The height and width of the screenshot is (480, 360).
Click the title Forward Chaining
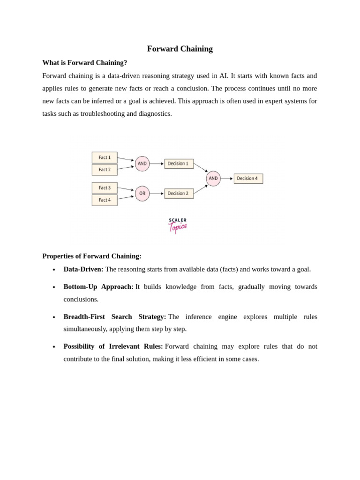coord(180,49)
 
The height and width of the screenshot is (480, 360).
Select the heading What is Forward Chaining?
coord(84,62)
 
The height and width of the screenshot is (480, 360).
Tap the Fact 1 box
coord(105,157)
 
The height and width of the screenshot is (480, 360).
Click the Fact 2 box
coord(105,170)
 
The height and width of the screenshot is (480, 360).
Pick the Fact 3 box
coord(105,188)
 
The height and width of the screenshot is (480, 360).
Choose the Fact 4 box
coord(105,200)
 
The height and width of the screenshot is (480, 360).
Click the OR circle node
coord(142,194)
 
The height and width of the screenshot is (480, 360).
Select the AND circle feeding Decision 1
coord(142,164)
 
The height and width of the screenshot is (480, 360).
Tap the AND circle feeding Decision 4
coord(213,179)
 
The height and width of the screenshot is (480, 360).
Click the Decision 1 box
coord(179,164)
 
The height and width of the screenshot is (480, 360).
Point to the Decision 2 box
coord(179,194)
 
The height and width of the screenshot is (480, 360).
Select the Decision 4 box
coord(248,179)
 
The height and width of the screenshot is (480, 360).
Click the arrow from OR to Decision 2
coord(157,194)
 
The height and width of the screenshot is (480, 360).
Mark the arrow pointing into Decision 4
coord(227,179)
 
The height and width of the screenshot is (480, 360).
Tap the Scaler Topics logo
coord(178,225)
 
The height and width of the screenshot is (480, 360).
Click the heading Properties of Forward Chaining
coord(91,256)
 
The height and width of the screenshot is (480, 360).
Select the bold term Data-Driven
coord(83,269)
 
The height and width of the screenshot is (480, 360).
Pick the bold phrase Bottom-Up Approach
coord(98,286)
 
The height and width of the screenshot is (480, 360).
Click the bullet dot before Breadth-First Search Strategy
coord(54,317)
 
